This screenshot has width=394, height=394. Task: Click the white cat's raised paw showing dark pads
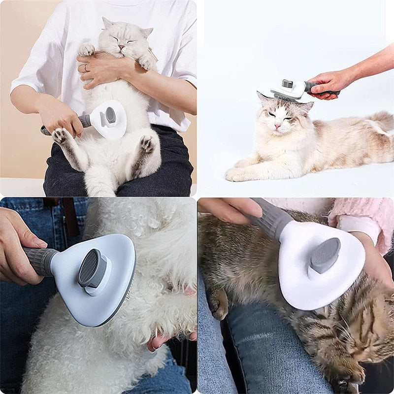click(x=60, y=135)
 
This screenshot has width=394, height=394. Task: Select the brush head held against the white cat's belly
click(x=109, y=119)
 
